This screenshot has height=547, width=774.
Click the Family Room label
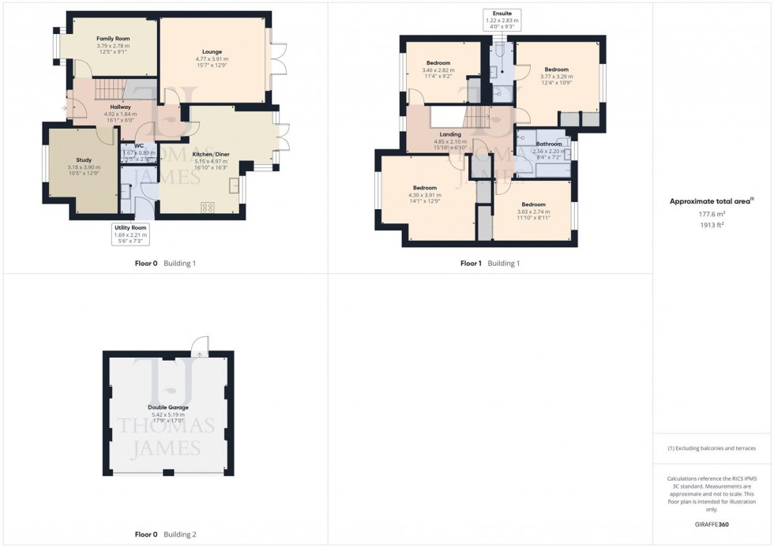(x=113, y=38)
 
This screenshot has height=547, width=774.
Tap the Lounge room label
(x=212, y=51)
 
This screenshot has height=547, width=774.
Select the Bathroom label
(x=548, y=144)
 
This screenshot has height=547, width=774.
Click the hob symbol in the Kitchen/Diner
(x=209, y=208)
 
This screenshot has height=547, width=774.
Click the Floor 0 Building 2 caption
(x=165, y=534)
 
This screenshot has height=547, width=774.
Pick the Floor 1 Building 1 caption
(x=490, y=263)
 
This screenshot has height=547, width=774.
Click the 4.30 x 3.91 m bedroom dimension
(x=426, y=195)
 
